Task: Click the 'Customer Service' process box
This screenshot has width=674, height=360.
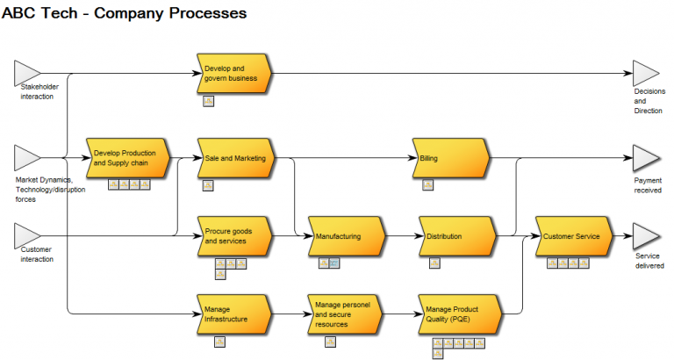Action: click(571, 235)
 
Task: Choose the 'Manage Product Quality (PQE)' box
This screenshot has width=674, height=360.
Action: click(456, 314)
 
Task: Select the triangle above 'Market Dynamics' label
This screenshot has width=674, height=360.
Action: click(26, 158)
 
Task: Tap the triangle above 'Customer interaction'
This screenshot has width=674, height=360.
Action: click(26, 235)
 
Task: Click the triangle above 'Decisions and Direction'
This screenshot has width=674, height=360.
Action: click(646, 73)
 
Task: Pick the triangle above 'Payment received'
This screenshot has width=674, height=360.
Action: click(646, 158)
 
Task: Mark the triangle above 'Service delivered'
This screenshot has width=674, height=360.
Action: click(646, 235)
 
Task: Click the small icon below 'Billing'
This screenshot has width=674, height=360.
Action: click(427, 184)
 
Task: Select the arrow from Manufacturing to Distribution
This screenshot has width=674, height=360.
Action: click(402, 235)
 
